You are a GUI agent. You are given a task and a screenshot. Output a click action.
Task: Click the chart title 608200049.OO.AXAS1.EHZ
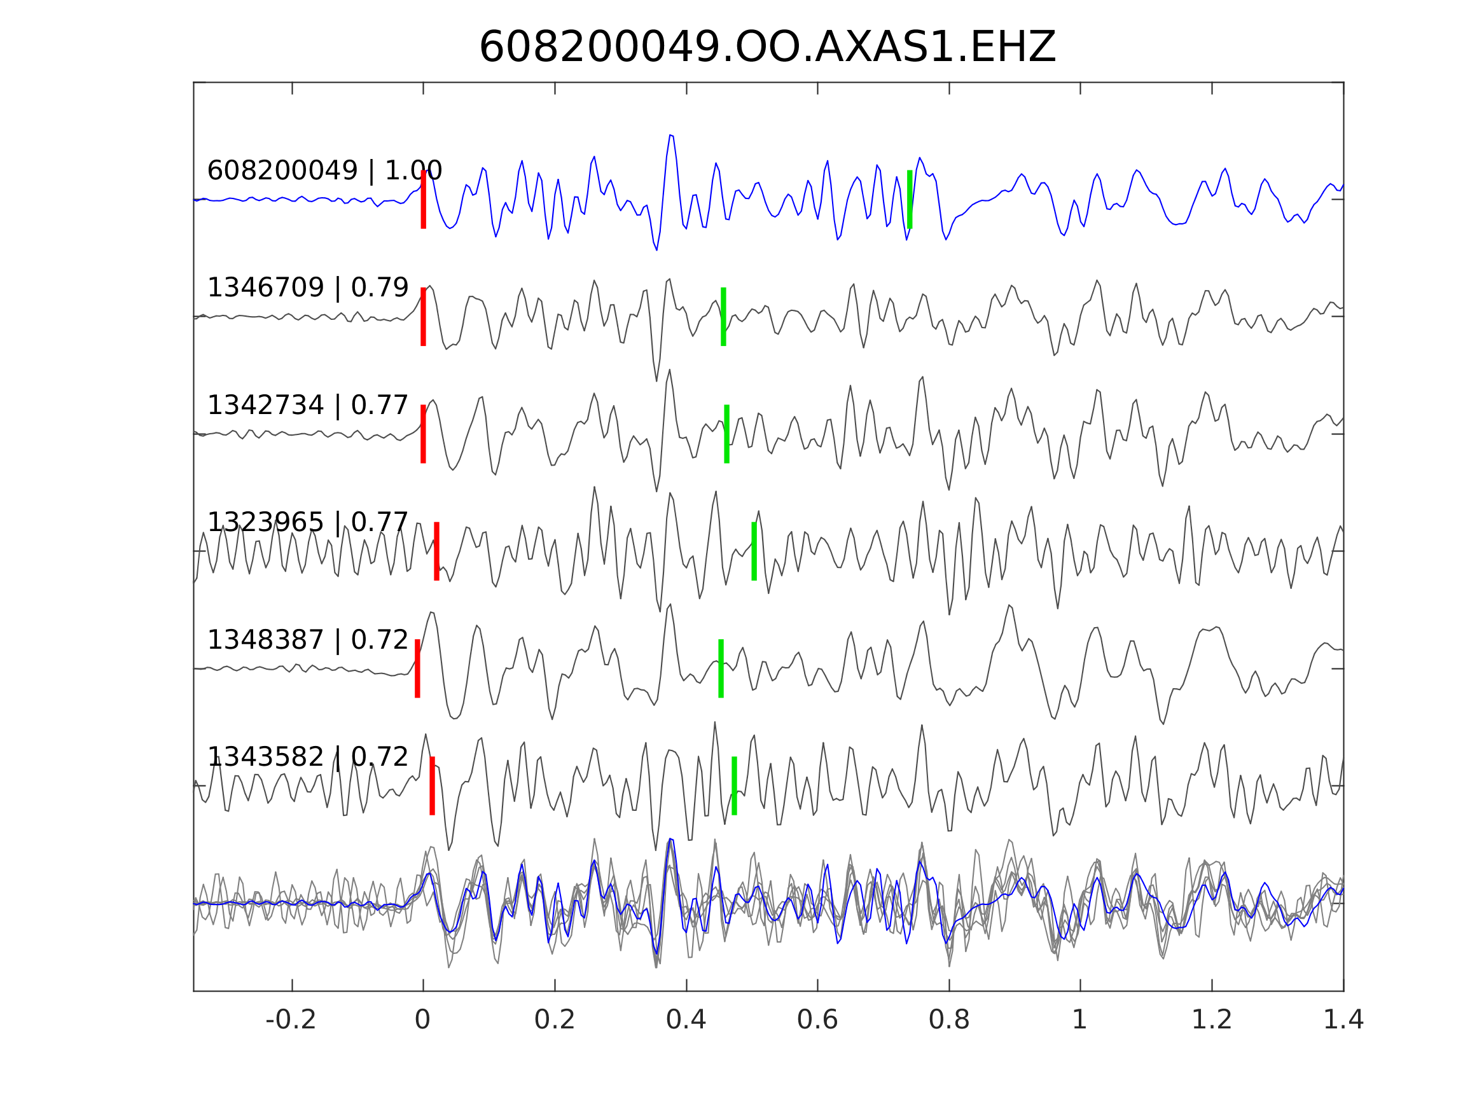tap(767, 48)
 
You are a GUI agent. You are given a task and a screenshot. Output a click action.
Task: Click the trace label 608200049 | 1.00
tap(324, 171)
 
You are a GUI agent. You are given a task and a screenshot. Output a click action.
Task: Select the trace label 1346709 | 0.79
tap(307, 288)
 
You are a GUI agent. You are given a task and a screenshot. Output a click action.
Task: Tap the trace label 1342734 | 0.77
tap(307, 405)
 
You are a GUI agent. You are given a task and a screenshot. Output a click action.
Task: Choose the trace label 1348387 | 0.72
tap(307, 640)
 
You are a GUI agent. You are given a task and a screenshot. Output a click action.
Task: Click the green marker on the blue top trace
tap(909, 199)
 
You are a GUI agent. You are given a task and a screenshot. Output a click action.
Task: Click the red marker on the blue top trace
tap(424, 199)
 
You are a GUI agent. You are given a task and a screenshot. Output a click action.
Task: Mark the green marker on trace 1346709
tap(723, 317)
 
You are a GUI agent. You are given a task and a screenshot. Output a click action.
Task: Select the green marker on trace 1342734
tap(726, 434)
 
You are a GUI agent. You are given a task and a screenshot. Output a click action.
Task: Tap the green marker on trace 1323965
tap(754, 551)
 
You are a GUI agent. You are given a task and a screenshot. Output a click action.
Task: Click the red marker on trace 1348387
tap(417, 668)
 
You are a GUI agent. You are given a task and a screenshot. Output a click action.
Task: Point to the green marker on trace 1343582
tap(734, 785)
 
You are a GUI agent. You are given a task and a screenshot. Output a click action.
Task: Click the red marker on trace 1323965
tap(437, 551)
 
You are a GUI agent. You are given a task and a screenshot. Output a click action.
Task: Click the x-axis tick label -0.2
tap(291, 1020)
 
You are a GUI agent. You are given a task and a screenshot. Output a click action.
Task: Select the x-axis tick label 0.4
tap(686, 1020)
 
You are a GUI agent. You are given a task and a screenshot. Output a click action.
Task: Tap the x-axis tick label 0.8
tap(948, 1020)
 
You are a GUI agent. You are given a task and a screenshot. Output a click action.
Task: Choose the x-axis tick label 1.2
tap(1212, 1020)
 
